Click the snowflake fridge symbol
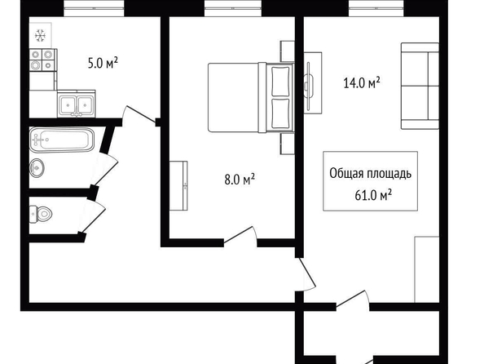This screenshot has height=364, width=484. pyautogui.click(x=40, y=36)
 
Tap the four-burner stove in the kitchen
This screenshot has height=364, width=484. pyautogui.click(x=42, y=60)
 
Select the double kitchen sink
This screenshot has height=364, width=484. pyautogui.click(x=77, y=104)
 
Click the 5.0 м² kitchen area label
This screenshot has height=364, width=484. pyautogui.click(x=103, y=64)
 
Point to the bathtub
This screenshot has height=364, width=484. pyautogui.click(x=62, y=140)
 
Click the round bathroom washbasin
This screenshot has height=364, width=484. pyautogui.click(x=37, y=168)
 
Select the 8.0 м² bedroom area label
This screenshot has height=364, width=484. pyautogui.click(x=240, y=179)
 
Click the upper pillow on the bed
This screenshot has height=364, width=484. pyautogui.click(x=280, y=82)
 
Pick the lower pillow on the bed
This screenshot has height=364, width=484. pyautogui.click(x=280, y=113)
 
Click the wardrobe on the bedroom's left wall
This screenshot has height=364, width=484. pyautogui.click(x=178, y=185)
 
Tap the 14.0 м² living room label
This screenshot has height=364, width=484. pyautogui.click(x=362, y=83)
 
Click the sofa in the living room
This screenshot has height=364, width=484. pyautogui.click(x=420, y=86)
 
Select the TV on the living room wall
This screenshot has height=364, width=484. pyautogui.click(x=309, y=86)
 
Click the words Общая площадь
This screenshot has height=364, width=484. pyautogui.click(x=370, y=174)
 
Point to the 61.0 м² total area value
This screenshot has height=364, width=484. pyautogui.click(x=373, y=195)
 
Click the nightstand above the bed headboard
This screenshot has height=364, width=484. pyautogui.click(x=287, y=51)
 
